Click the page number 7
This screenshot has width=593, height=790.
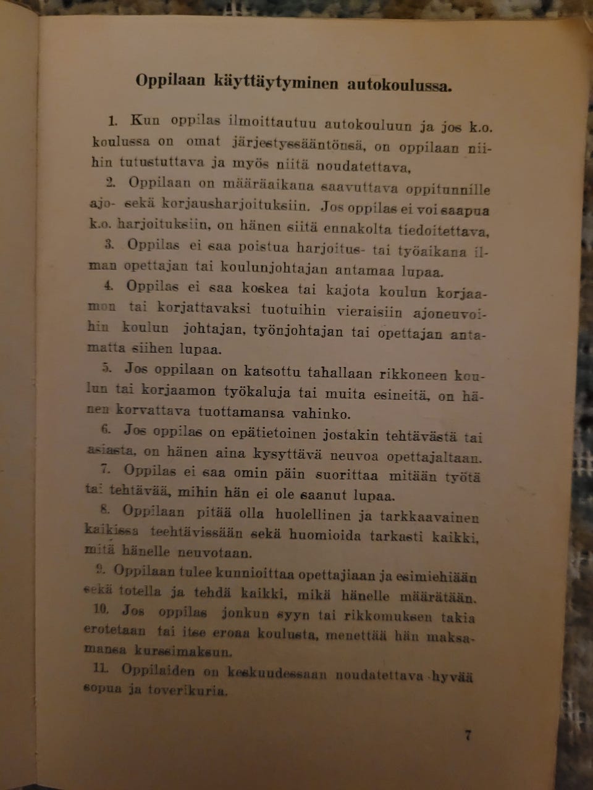[x=468, y=735]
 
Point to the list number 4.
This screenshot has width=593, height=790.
[x=109, y=286]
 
